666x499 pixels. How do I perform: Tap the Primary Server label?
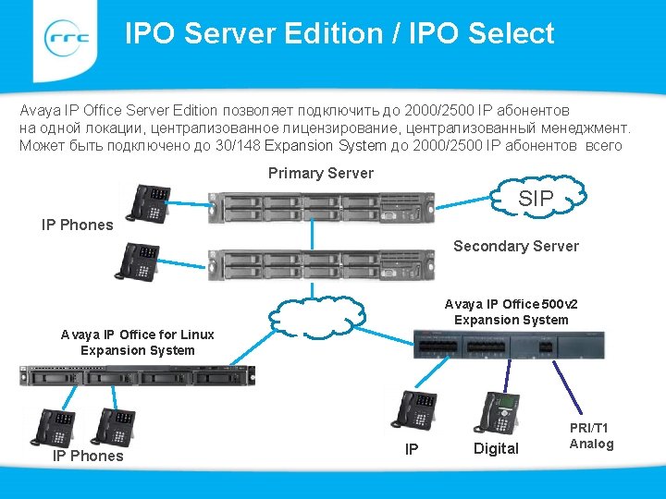tap(320, 173)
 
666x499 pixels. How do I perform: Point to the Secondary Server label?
tap(515, 246)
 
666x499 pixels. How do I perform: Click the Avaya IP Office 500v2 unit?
tap(508, 345)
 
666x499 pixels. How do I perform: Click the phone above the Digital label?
tap(497, 412)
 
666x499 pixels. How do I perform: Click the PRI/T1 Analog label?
tap(591, 436)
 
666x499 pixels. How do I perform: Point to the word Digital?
tap(496, 449)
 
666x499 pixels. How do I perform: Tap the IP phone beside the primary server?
tap(149, 202)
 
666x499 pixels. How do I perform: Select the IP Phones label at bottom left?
tap(88, 456)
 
